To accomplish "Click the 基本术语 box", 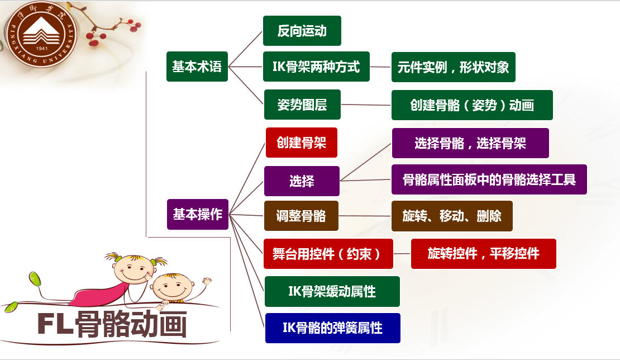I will (197, 67).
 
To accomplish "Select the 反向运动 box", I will (302, 31).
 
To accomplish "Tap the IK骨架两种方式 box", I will (317, 67).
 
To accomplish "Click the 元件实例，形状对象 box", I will (453, 67).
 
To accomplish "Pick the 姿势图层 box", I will (302, 105).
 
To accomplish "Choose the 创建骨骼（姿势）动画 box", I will (472, 105).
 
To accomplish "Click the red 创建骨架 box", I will (302, 143).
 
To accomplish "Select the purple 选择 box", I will (302, 181).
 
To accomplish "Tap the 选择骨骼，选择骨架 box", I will (470, 143).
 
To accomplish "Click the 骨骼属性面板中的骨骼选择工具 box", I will (489, 179).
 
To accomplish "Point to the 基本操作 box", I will (198, 214).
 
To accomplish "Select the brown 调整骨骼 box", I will (301, 216).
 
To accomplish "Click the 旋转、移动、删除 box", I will (452, 216).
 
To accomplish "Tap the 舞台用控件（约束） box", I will (328, 254).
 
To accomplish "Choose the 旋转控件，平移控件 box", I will (484, 254).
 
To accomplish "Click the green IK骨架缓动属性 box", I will (332, 291).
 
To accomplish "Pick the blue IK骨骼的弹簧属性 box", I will (332, 328).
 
